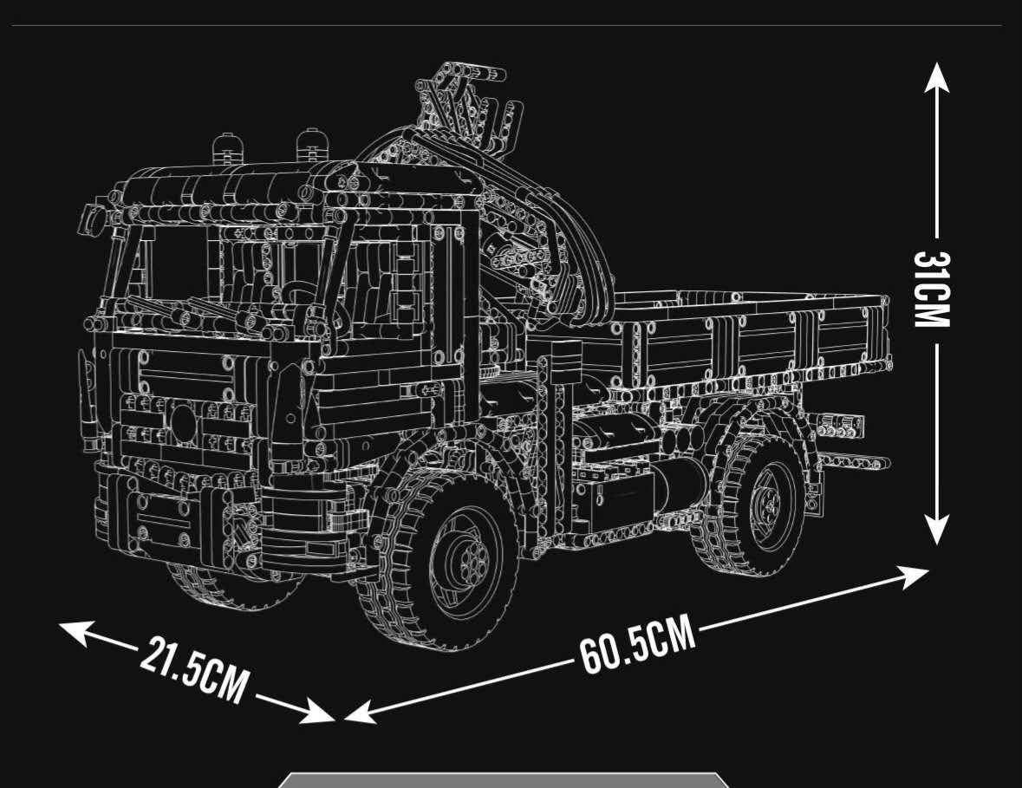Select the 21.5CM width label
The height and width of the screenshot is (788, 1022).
[x=194, y=671]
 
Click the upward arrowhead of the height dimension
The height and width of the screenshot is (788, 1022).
[x=936, y=79]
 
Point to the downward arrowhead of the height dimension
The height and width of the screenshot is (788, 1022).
[x=936, y=528]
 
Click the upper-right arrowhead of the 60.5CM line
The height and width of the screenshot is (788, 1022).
[x=912, y=576]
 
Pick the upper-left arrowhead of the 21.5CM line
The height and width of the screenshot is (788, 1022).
[x=75, y=632]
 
